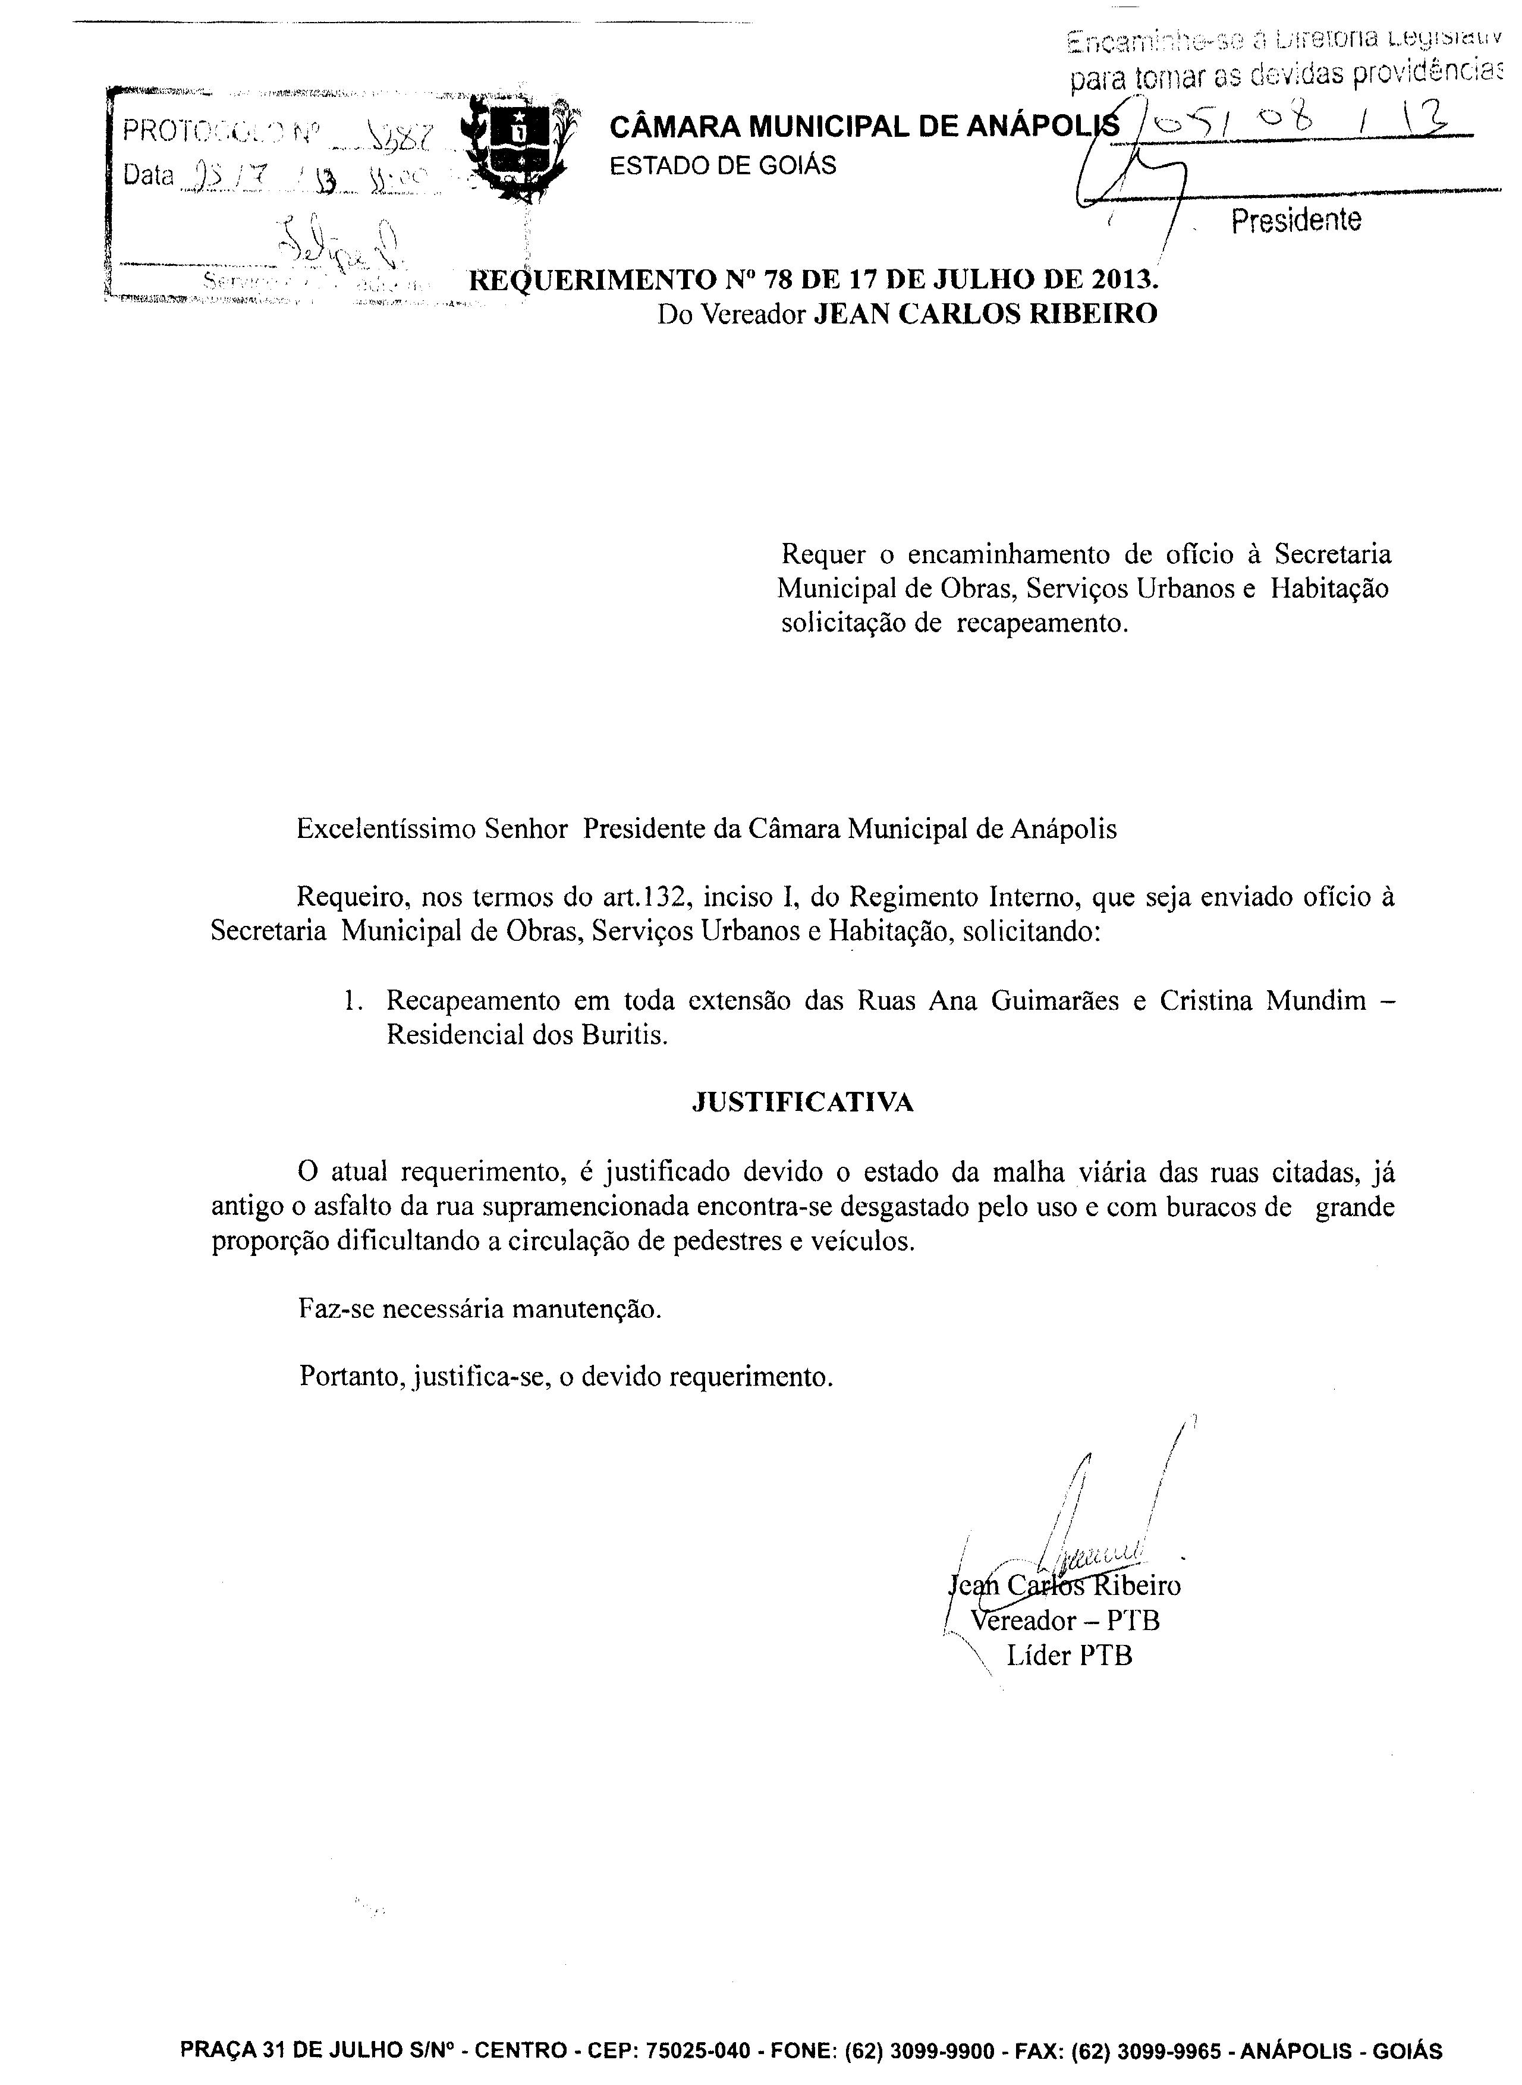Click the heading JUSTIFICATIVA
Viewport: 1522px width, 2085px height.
(803, 1103)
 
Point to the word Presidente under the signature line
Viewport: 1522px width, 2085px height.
(1295, 220)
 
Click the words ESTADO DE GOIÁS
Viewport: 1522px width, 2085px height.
(723, 166)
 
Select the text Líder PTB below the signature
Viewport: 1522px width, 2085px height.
(1069, 1656)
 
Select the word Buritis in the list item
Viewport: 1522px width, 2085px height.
(623, 1035)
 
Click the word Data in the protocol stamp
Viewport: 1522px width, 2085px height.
(148, 174)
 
